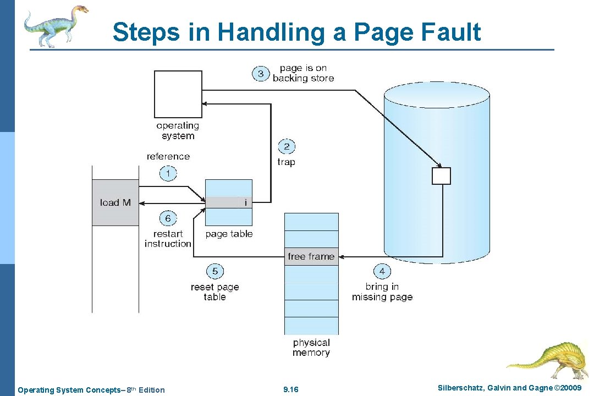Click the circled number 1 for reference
coord(168,174)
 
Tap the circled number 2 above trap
coord(287,147)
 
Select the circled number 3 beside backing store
coord(261,74)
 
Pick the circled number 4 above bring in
coord(382,271)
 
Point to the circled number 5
coord(215,271)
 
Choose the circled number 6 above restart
coord(168,218)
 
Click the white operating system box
coord(178,94)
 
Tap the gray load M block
coord(116,202)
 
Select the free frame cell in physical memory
coord(311,256)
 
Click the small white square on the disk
coord(441,176)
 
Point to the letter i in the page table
coord(245,202)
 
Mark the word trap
coord(287,162)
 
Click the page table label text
coord(229,234)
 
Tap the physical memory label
coord(311,348)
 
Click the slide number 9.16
coord(290,390)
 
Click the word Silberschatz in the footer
coord(460,388)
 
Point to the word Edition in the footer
coord(151,390)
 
